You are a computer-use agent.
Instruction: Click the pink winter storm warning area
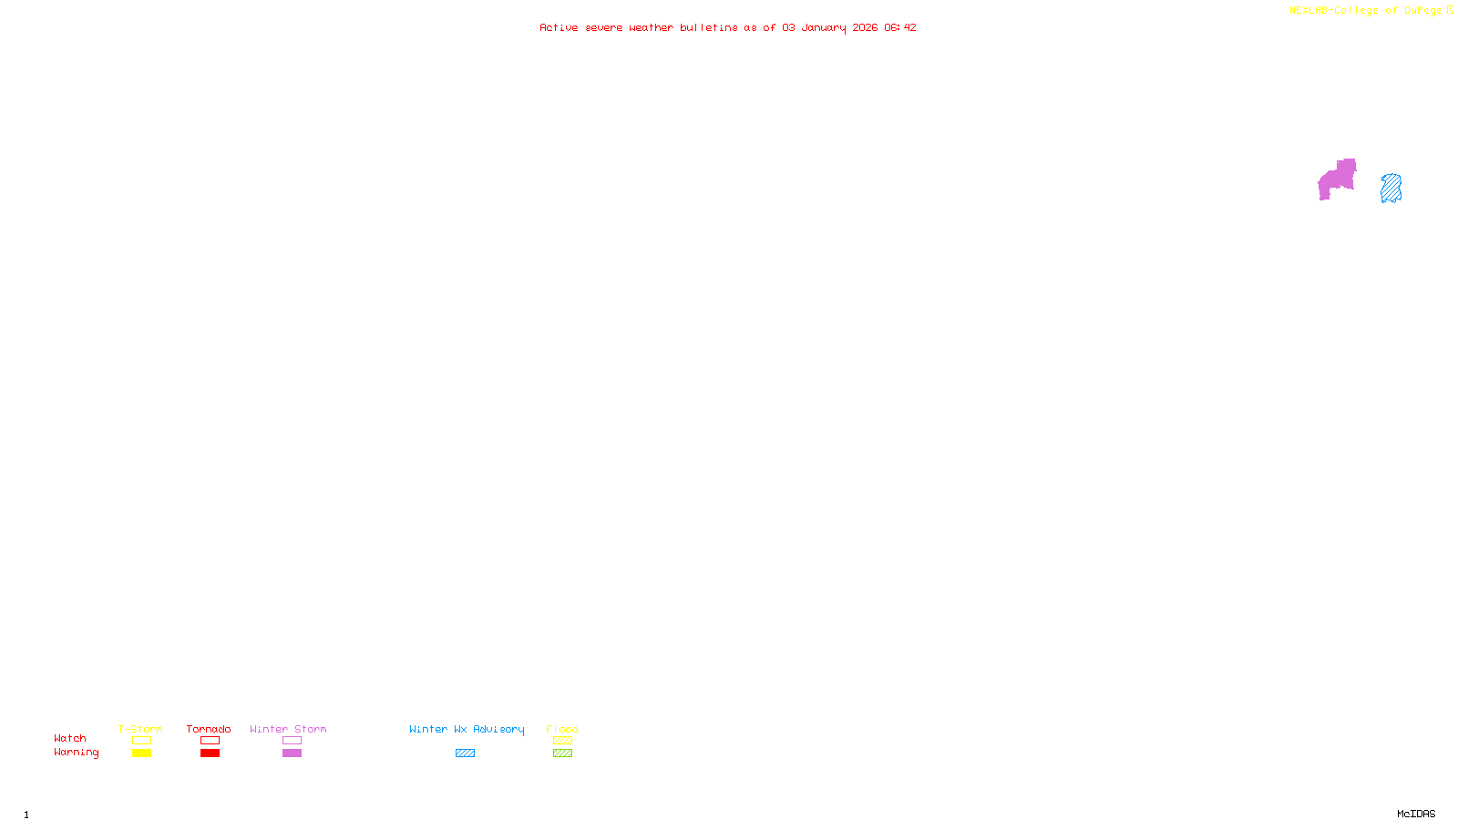click(x=1338, y=179)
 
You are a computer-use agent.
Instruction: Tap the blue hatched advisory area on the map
click(x=1391, y=189)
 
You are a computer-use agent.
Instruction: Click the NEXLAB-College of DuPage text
click(x=1365, y=11)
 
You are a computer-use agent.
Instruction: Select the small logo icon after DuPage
click(x=1450, y=10)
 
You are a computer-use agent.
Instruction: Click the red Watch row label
click(x=70, y=739)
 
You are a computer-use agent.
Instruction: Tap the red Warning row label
click(x=76, y=753)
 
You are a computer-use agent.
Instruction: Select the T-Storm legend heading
click(x=140, y=729)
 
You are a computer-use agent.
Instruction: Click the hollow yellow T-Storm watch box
click(x=141, y=741)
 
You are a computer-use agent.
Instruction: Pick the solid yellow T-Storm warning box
click(x=141, y=753)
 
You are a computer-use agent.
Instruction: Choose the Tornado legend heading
click(x=209, y=729)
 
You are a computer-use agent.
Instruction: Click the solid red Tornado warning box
click(x=210, y=753)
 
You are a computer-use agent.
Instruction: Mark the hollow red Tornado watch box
click(x=210, y=741)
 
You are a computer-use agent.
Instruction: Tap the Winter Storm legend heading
click(x=288, y=729)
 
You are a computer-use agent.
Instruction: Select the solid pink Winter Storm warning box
click(x=292, y=753)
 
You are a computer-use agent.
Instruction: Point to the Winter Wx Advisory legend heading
click(x=467, y=729)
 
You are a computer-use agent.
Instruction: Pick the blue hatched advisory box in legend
click(x=465, y=753)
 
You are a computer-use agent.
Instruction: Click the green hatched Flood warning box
click(x=562, y=753)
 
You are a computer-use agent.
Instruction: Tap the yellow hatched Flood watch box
click(x=562, y=741)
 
